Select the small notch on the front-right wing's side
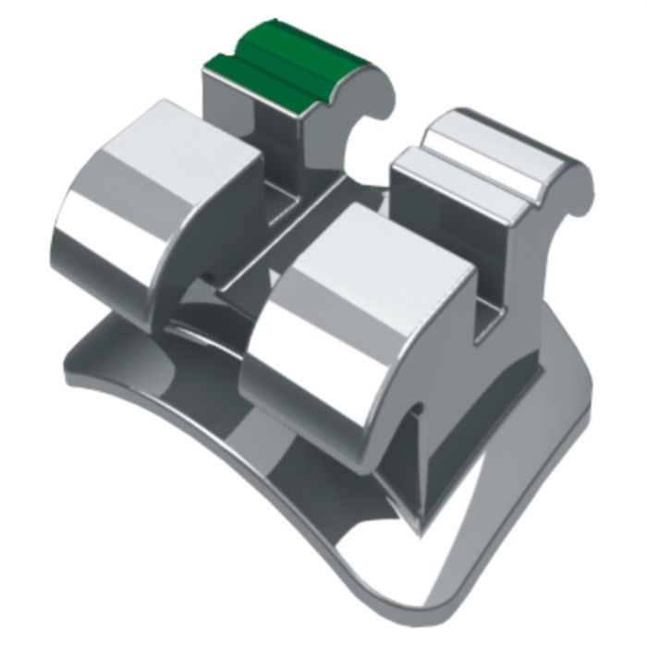(419, 407)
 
